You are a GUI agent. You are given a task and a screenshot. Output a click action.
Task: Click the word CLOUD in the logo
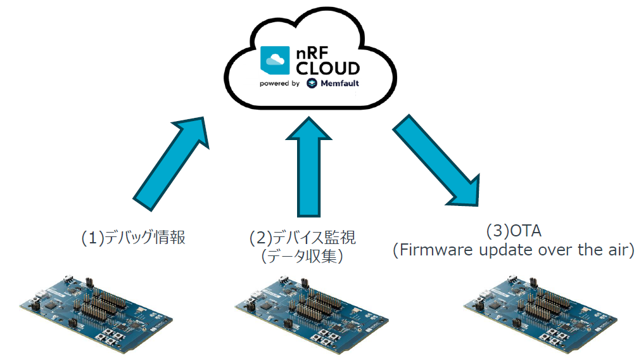coord(328,68)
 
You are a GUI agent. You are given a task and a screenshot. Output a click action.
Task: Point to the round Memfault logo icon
coord(312,84)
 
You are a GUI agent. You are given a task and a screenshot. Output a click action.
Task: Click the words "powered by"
coord(279,84)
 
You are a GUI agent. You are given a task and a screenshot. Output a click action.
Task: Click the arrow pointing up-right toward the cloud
coord(168,162)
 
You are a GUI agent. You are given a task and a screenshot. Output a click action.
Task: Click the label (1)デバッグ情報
coord(134,238)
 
